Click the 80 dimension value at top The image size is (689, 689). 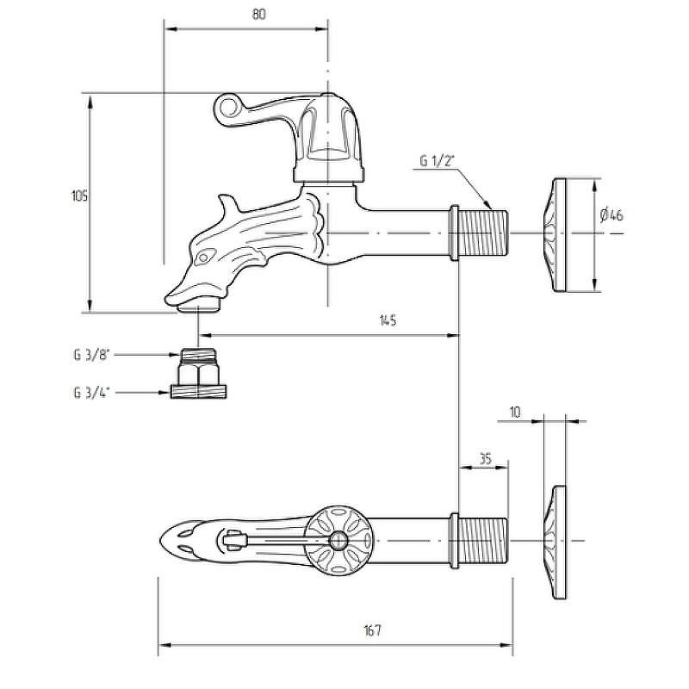[x=259, y=15]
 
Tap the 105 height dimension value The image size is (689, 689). [x=79, y=196]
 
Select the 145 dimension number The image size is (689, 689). [x=388, y=320]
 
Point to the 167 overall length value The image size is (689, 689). [x=372, y=630]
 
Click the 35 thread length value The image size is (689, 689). [x=485, y=459]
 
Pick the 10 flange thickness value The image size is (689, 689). [x=515, y=413]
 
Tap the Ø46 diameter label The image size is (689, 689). [x=611, y=215]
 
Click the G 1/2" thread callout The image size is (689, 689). [x=437, y=161]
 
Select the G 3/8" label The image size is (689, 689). [x=91, y=355]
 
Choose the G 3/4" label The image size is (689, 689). [x=91, y=393]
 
